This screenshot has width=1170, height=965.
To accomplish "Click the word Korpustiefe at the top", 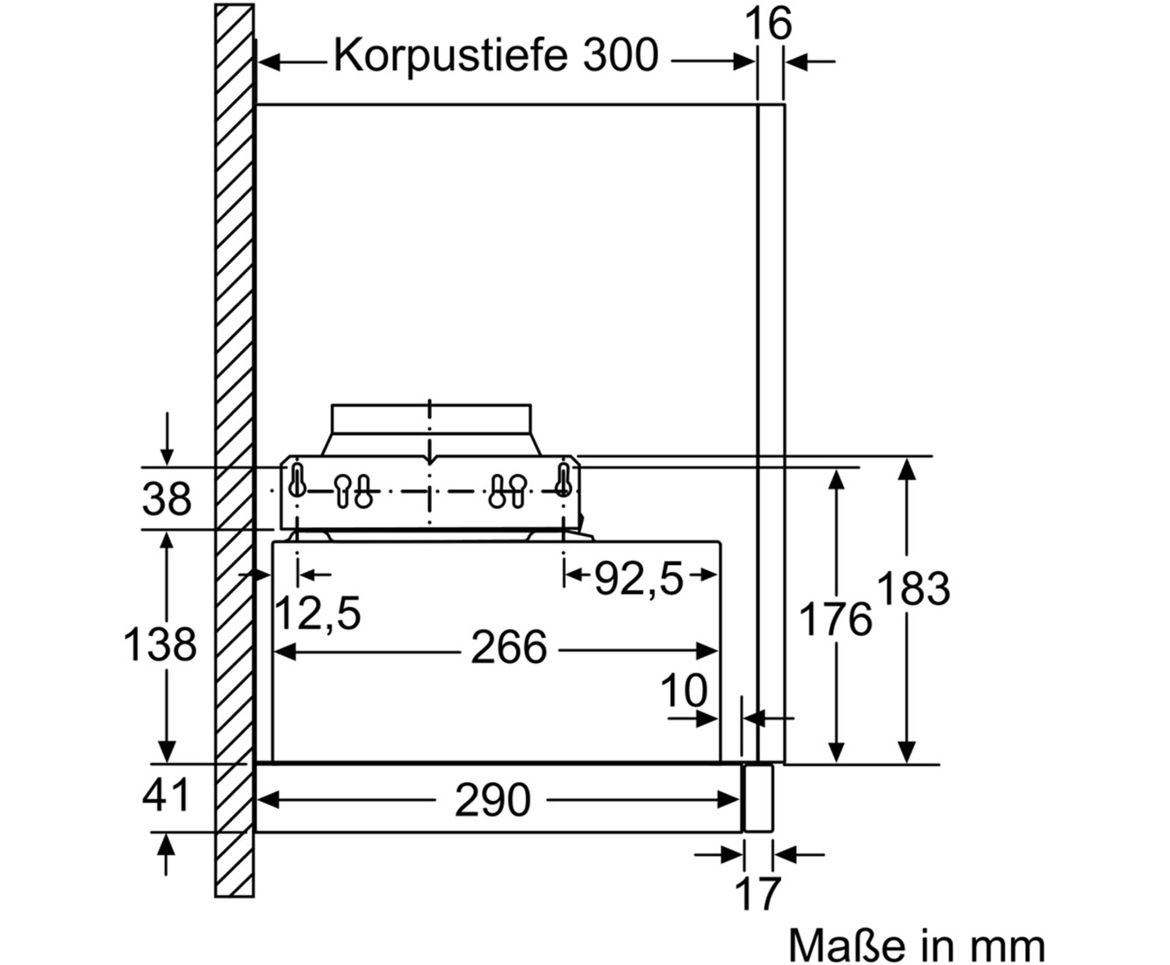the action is click(x=450, y=57).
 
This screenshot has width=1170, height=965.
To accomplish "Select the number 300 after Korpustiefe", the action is click(x=621, y=56).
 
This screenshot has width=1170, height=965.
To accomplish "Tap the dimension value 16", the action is click(x=768, y=24).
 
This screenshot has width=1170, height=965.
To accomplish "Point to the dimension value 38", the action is click(x=167, y=498).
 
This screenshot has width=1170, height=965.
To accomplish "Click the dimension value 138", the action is click(x=160, y=645).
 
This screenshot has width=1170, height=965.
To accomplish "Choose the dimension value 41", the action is click(x=165, y=796).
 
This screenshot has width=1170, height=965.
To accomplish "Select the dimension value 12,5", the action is click(x=318, y=614).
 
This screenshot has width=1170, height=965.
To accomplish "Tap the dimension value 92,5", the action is click(x=639, y=579).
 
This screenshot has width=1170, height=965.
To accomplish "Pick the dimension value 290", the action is click(x=492, y=801).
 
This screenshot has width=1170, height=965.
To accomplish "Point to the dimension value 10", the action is click(x=684, y=690).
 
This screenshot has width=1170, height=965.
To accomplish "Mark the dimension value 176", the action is click(x=835, y=619).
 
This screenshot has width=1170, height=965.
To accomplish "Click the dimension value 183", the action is click(x=913, y=589).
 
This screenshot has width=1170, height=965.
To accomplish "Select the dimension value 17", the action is click(x=757, y=895).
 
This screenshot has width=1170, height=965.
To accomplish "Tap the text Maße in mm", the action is click(x=916, y=946).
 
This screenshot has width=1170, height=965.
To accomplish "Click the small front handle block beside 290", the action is click(x=757, y=798).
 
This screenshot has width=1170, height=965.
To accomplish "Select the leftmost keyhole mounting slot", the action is click(x=297, y=480).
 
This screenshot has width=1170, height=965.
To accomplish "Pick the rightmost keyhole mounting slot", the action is click(x=563, y=480).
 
